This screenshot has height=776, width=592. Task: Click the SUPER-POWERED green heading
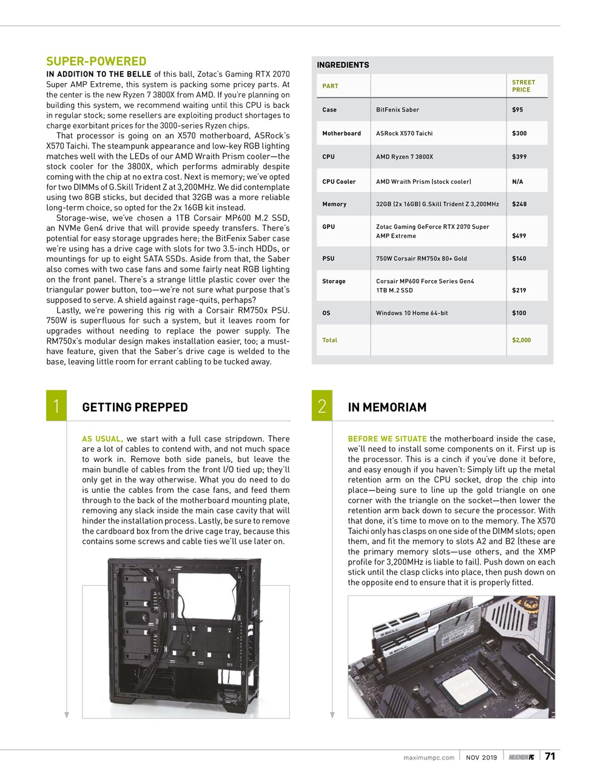pyautogui.click(x=96, y=61)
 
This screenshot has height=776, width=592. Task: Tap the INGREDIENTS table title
pyautogui.click(x=343, y=65)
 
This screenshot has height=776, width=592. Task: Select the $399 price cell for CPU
pyautogui.click(x=519, y=156)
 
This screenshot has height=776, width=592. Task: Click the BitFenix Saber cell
pyautogui.click(x=397, y=110)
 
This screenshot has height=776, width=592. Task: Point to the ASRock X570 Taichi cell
pyautogui.click(x=404, y=133)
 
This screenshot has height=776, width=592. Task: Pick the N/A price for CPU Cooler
pyautogui.click(x=517, y=181)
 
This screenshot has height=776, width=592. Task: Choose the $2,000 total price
pyautogui.click(x=521, y=340)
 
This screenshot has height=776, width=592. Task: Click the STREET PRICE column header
pyautogui.click(x=523, y=86)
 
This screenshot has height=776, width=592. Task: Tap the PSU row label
pyautogui.click(x=328, y=258)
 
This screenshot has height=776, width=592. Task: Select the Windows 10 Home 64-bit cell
pyautogui.click(x=412, y=313)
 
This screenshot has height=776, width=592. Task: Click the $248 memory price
pyautogui.click(x=519, y=204)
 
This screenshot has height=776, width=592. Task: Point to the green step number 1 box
pyautogui.click(x=56, y=406)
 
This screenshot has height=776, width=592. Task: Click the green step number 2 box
pyautogui.click(x=322, y=406)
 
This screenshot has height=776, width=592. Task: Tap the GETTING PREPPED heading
pyautogui.click(x=135, y=407)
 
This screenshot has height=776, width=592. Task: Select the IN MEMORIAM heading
pyautogui.click(x=387, y=407)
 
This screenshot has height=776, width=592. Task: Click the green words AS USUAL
pyautogui.click(x=102, y=439)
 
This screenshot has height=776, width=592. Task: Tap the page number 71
pyautogui.click(x=550, y=756)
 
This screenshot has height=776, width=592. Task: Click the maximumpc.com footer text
pyautogui.click(x=429, y=757)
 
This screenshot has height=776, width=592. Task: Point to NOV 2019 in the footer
pyautogui.click(x=481, y=757)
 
